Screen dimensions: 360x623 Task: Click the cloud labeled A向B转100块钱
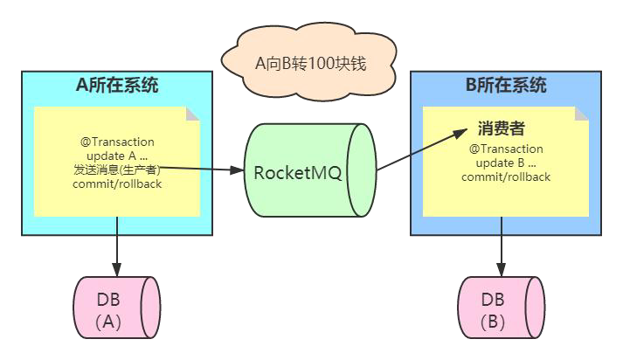309,62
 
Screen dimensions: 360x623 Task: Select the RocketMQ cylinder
297,172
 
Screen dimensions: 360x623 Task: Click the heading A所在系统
118,86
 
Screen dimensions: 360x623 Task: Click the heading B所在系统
506,86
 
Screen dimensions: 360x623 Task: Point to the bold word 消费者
502,128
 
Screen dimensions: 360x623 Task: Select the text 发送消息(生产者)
117,170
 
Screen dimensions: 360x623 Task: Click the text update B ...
506,163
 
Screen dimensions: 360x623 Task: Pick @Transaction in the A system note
117,142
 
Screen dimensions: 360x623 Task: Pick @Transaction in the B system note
506,149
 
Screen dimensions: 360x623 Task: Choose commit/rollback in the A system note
117,183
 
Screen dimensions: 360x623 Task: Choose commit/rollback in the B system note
506,177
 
